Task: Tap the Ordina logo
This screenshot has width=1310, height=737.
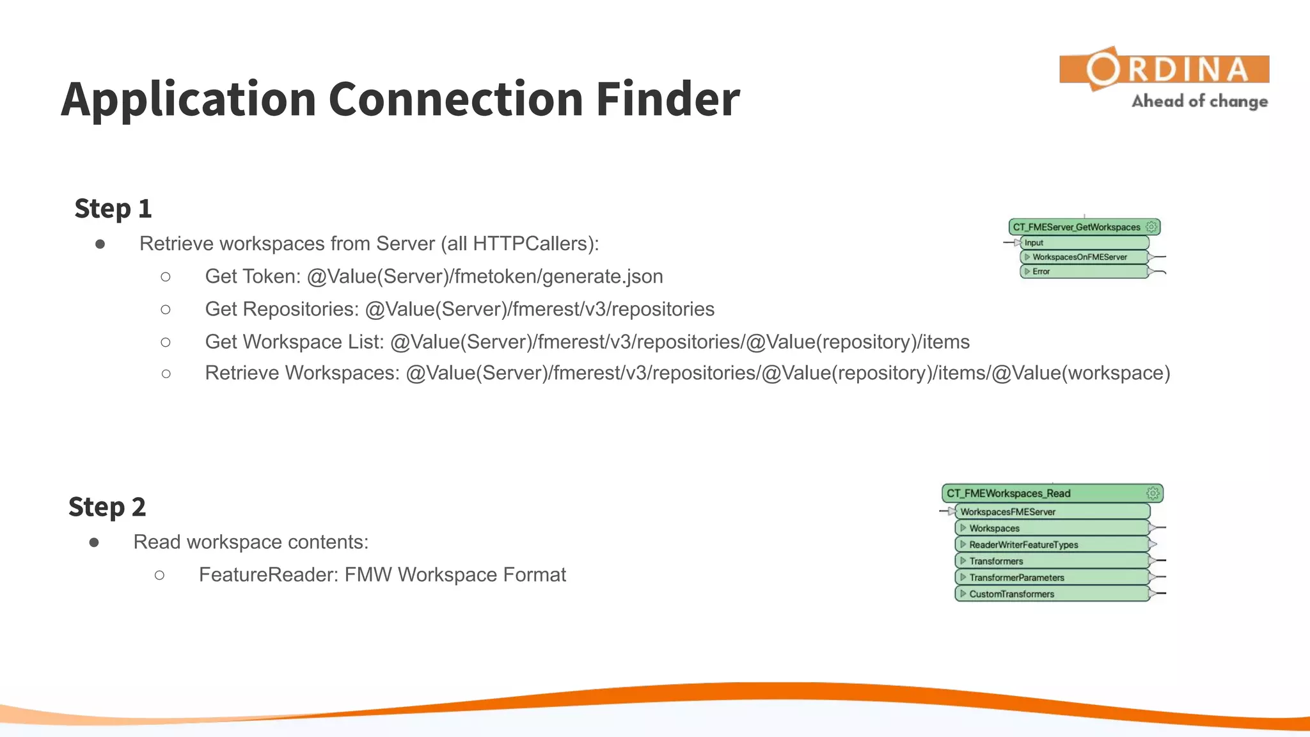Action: coord(1164,69)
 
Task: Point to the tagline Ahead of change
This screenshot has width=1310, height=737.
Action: coord(1199,101)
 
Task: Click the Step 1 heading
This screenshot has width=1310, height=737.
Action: coord(113,209)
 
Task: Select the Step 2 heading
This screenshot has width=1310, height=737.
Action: coord(107,507)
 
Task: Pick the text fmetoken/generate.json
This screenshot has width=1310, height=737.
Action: coord(558,276)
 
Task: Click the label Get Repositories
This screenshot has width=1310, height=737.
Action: coord(281,309)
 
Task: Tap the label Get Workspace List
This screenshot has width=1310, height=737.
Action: coord(294,342)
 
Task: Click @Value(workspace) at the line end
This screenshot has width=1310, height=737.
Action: coord(1081,373)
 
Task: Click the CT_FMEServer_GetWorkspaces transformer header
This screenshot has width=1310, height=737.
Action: coord(1077,227)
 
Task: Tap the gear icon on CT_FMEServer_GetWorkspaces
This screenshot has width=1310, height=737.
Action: coord(1151,227)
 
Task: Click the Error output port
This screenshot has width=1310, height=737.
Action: coord(1041,271)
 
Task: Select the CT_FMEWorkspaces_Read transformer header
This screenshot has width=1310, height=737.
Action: coord(1009,493)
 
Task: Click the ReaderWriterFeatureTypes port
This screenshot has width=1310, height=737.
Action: coord(1023,544)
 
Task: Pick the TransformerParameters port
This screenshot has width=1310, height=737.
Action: coord(1016,577)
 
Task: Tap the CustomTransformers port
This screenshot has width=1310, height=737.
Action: coord(1011,594)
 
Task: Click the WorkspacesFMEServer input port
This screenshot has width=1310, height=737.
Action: coord(1008,512)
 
